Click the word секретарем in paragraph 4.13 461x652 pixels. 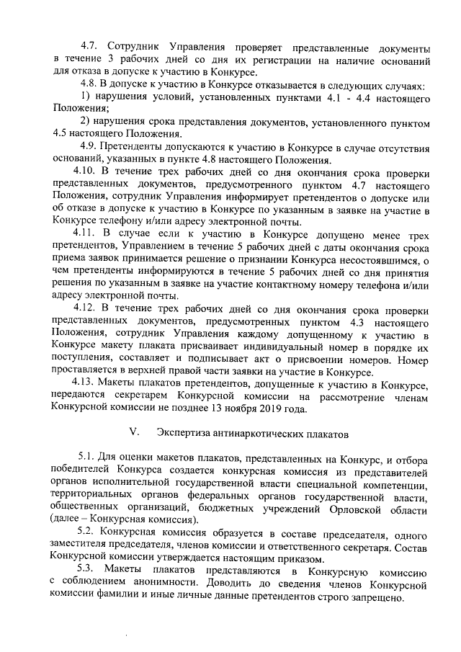tap(138, 397)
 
